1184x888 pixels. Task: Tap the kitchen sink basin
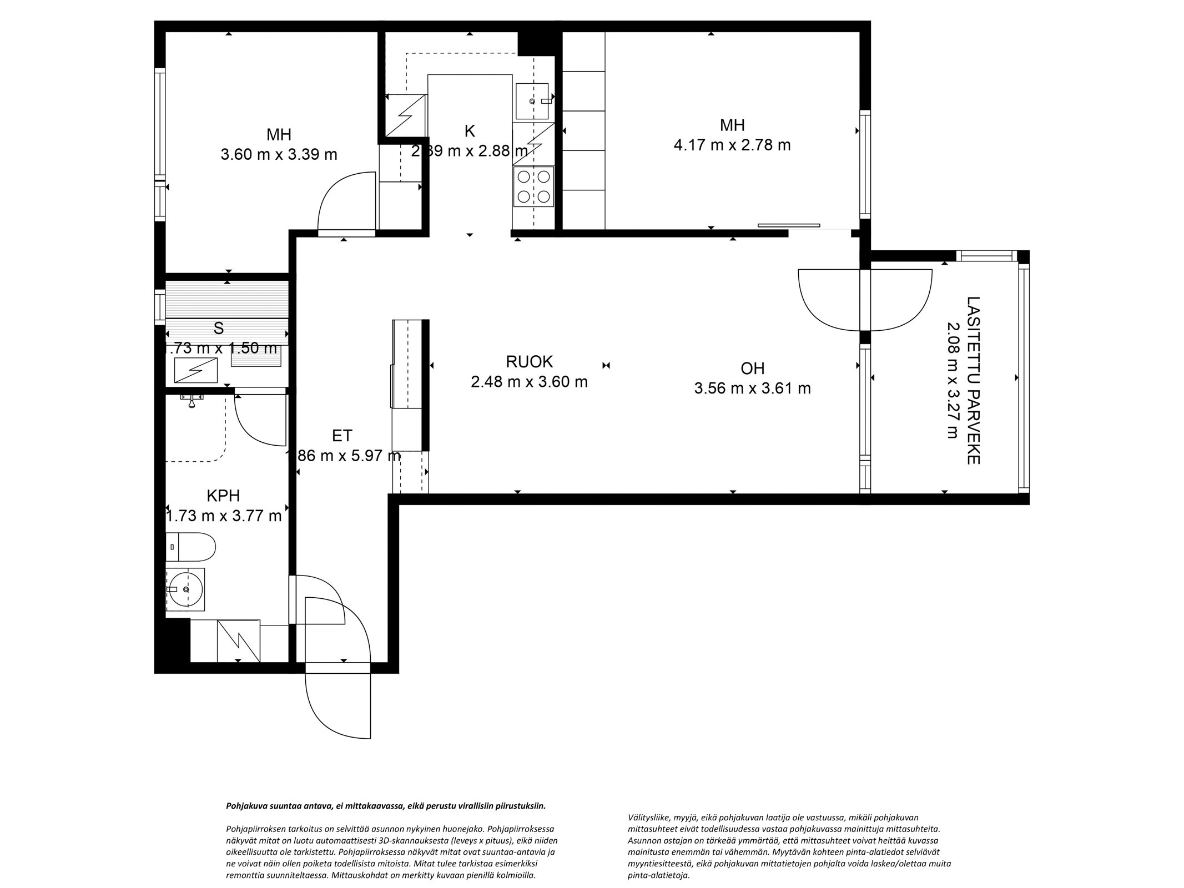pos(532,102)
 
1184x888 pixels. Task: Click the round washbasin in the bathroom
pos(185,589)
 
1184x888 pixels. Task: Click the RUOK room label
pos(529,362)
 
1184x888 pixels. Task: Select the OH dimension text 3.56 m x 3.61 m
pos(752,388)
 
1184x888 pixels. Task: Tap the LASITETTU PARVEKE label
pos(974,380)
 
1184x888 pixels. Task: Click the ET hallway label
pos(342,436)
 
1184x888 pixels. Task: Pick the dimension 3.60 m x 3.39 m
pos(279,154)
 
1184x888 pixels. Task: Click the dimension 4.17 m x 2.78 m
pos(732,145)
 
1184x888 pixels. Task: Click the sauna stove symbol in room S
pos(195,370)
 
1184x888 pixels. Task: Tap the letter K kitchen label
pos(470,131)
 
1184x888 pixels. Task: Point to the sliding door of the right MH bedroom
pos(788,225)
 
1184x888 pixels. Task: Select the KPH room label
pos(223,495)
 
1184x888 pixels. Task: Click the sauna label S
pos(219,329)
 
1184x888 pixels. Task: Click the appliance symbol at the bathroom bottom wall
pos(239,640)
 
